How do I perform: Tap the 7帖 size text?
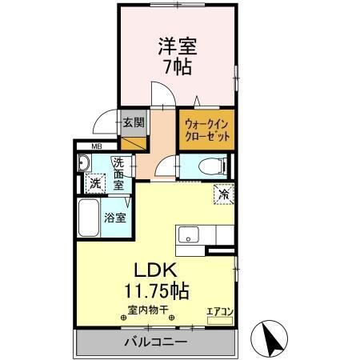(177, 67)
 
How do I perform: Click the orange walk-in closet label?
(206, 130)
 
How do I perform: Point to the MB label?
(96, 146)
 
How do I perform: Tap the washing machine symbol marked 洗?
(95, 182)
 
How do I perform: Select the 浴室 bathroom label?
(114, 217)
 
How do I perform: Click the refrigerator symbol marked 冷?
(223, 194)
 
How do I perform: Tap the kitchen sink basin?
(190, 235)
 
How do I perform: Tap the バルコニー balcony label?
(155, 342)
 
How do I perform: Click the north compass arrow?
(270, 338)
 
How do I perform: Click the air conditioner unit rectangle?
(218, 319)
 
